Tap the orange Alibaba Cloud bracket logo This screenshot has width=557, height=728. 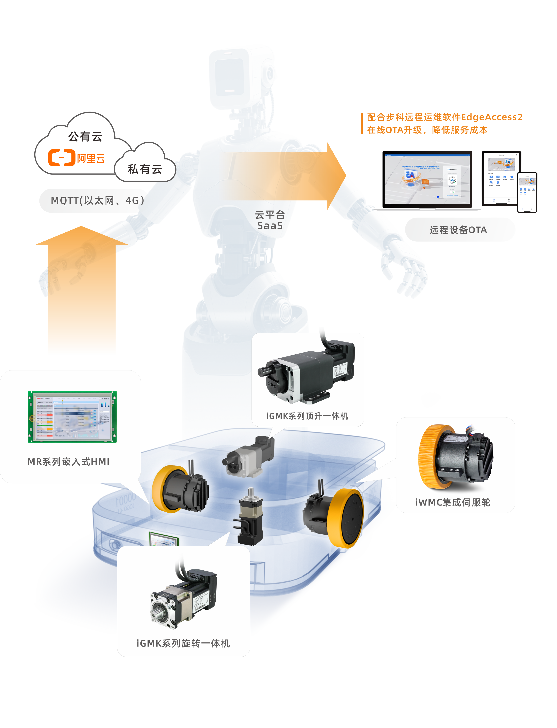coord(62,158)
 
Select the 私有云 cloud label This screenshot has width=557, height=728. coord(145,169)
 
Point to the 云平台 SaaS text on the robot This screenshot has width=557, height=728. coord(270,220)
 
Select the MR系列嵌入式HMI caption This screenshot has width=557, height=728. coord(68,462)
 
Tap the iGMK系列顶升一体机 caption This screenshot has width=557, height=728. coord(307,416)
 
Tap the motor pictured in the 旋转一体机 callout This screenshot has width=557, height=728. coord(183,597)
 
